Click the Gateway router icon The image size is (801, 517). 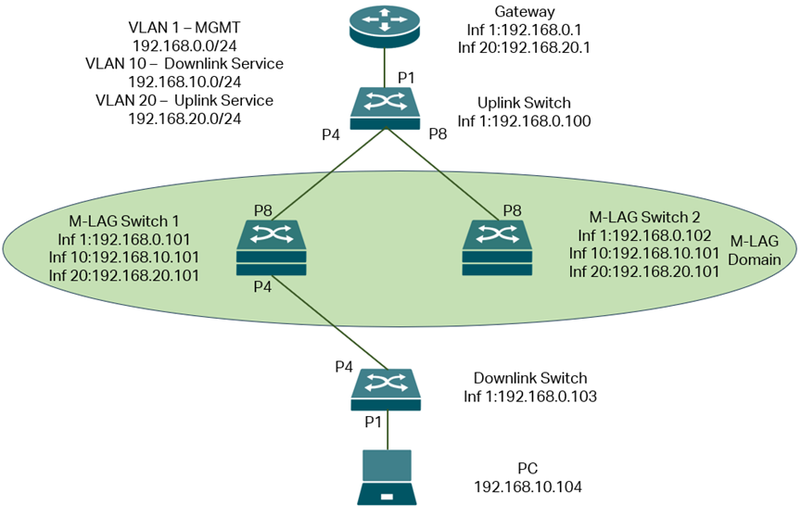tap(386, 26)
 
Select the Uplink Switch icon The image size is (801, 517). tap(386, 108)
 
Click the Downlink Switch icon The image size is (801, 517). tap(386, 389)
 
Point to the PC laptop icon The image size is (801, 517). tap(386, 477)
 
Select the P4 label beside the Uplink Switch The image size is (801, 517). tap(332, 135)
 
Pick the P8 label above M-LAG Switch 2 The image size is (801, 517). tap(511, 210)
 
